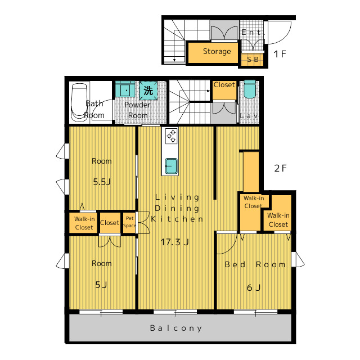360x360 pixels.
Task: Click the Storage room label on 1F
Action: point(217,51)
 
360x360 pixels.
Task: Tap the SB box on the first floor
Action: point(253,59)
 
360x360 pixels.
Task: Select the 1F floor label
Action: point(280,54)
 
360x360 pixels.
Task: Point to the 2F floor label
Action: point(280,168)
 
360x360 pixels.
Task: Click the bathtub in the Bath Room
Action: point(79,102)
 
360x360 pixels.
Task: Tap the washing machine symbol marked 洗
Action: point(148,90)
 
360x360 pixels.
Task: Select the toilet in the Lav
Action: point(250,89)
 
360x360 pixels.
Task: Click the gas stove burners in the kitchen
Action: point(171,136)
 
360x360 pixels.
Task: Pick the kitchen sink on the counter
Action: point(171,166)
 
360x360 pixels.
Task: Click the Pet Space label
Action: point(129,222)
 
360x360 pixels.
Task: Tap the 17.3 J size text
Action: point(174,242)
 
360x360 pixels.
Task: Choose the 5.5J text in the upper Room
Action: point(102,182)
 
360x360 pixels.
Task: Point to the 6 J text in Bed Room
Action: point(254,287)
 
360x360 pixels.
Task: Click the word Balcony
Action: point(176,328)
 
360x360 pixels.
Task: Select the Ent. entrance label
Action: point(251,32)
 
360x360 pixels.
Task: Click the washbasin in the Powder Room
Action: point(125,89)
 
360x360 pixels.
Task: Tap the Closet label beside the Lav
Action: point(224,85)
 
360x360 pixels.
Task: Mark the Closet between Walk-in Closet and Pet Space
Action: point(110,223)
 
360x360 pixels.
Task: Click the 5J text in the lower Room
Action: point(101,285)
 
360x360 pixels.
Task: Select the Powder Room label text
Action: point(137,110)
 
